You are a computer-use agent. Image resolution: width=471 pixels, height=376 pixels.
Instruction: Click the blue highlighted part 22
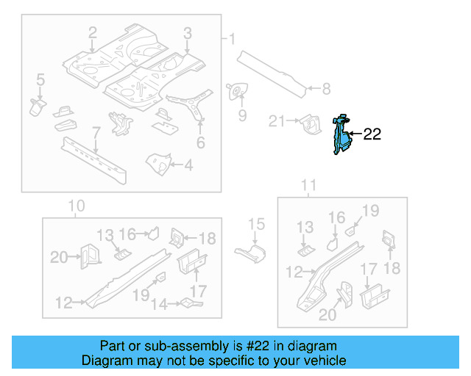[x=340, y=137]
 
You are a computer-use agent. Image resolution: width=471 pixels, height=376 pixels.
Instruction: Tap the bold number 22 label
[x=372, y=134]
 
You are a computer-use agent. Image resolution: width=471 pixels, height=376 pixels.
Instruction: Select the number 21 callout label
[x=277, y=121]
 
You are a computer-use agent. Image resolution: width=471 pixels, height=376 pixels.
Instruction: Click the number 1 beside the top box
[x=232, y=39]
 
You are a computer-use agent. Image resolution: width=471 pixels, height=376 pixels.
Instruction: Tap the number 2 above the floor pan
[x=93, y=32]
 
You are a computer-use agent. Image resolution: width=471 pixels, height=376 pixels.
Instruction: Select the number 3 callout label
[x=188, y=33]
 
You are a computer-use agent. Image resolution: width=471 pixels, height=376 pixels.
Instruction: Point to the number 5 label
[x=40, y=79]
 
